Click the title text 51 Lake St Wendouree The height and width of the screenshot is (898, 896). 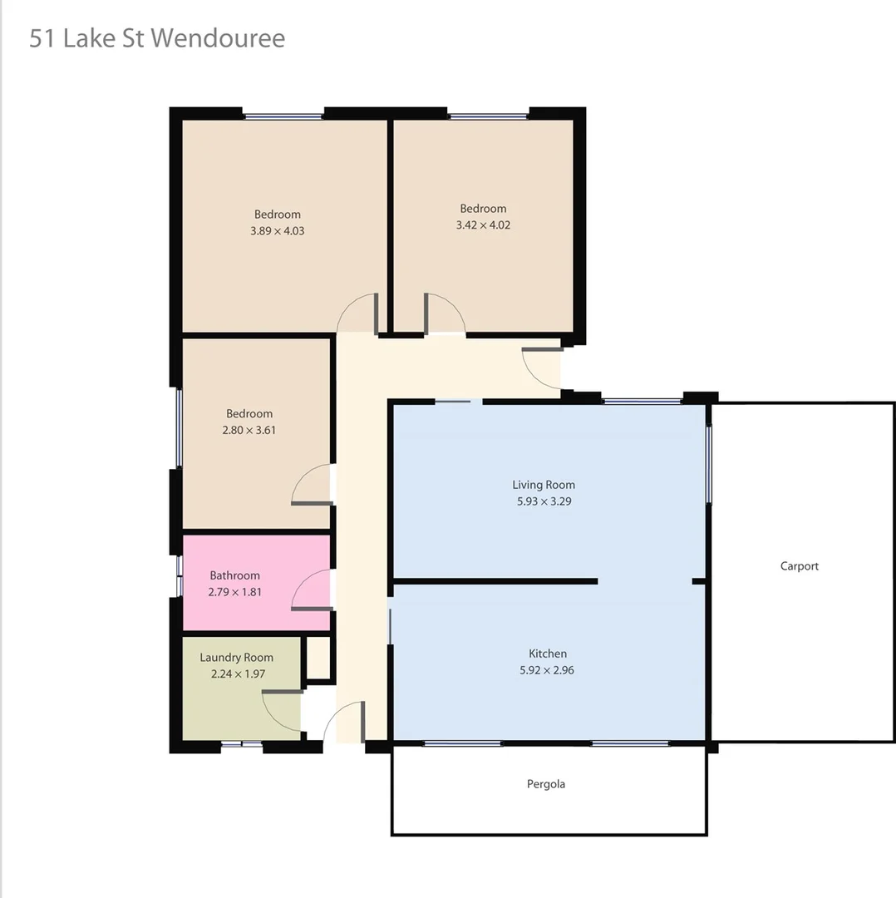[157, 38]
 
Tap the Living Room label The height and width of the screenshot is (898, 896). [544, 485]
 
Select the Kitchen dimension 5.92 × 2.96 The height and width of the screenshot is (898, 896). [547, 669]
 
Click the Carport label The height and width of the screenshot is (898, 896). [800, 566]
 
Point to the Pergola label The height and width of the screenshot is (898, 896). [546, 783]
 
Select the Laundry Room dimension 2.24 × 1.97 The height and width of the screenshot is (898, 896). [236, 673]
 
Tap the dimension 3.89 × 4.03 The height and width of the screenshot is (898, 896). [277, 230]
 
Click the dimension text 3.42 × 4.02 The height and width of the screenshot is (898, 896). [483, 224]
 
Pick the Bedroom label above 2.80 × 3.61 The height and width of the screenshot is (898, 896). [249, 413]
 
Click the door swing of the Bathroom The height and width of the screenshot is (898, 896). [313, 591]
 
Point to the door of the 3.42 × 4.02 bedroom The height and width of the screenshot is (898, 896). [445, 313]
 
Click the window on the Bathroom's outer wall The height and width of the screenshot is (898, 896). [180, 575]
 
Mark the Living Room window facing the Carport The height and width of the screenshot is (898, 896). [709, 464]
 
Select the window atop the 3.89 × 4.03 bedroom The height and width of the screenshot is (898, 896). [283, 116]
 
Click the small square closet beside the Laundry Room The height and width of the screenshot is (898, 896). [318, 659]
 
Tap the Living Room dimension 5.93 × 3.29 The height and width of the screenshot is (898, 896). [544, 501]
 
